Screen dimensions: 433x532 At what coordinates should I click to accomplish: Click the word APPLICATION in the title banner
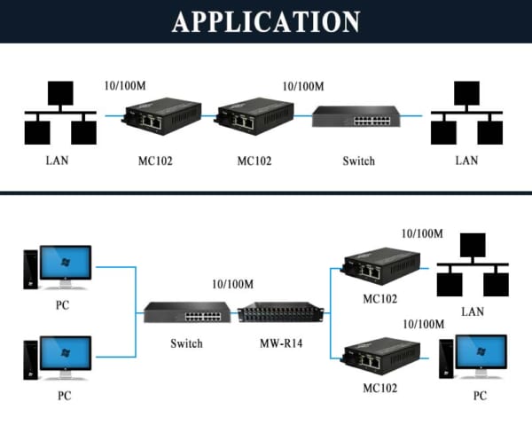point(266,21)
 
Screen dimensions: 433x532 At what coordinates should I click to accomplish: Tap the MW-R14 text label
point(280,343)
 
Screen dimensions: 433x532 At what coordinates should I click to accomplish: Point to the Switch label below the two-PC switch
point(186,343)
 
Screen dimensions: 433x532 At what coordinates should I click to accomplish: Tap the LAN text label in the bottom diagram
point(472,311)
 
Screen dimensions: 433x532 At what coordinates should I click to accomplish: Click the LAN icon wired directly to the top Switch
point(466,115)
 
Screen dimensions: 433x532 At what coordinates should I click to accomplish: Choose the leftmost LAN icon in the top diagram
point(60,115)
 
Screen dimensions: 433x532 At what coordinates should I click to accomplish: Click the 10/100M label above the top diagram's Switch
point(302,86)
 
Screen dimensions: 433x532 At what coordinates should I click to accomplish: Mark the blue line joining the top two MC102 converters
point(206,116)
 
